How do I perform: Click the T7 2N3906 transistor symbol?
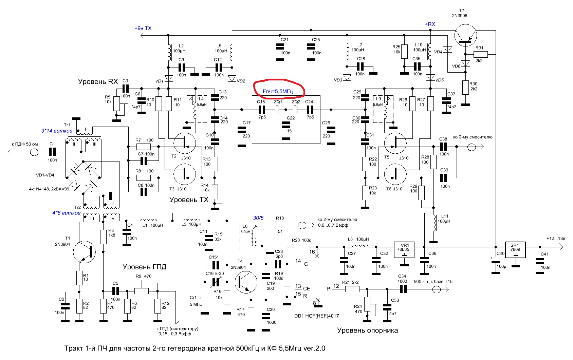[466, 35]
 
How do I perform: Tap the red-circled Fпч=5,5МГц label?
[278, 91]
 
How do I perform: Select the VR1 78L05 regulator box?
[404, 250]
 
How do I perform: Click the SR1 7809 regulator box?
[515, 250]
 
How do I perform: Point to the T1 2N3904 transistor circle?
[84, 252]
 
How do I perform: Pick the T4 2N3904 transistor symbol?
[246, 282]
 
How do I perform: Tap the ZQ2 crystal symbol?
[295, 110]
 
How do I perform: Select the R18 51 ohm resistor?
[281, 225]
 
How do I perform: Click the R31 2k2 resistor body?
[481, 54]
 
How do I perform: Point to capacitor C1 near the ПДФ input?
[52, 152]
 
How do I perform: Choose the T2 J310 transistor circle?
[185, 144]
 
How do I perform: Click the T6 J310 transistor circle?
[395, 174]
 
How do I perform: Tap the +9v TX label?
[143, 28]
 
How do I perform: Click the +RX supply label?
[430, 24]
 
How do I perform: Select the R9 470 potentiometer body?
[142, 291]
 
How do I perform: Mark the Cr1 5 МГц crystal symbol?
[205, 298]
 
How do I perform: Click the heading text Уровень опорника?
[367, 330]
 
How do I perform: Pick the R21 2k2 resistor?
[352, 289]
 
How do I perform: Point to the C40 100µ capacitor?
[496, 260]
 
